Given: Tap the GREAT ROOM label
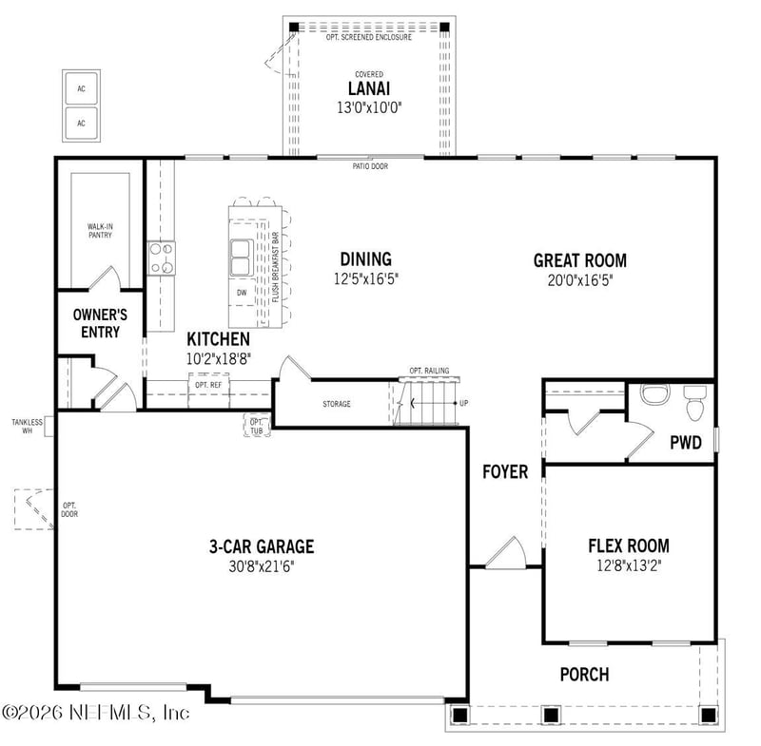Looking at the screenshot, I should (579, 260).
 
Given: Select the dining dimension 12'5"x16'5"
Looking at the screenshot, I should (365, 279).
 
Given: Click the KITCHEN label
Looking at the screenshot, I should (218, 339).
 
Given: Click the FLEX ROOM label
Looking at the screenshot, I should (628, 545).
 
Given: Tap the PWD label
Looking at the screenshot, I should (685, 442).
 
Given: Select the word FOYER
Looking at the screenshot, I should (505, 471).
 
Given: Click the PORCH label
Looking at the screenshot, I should (584, 674).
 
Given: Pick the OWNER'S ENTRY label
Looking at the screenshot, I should (100, 323).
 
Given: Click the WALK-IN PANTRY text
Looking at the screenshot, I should (100, 231).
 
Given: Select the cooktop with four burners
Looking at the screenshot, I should (162, 258).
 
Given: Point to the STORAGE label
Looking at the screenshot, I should (336, 404).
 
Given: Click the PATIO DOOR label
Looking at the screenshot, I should (369, 166).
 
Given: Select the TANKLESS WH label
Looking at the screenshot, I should (27, 425).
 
